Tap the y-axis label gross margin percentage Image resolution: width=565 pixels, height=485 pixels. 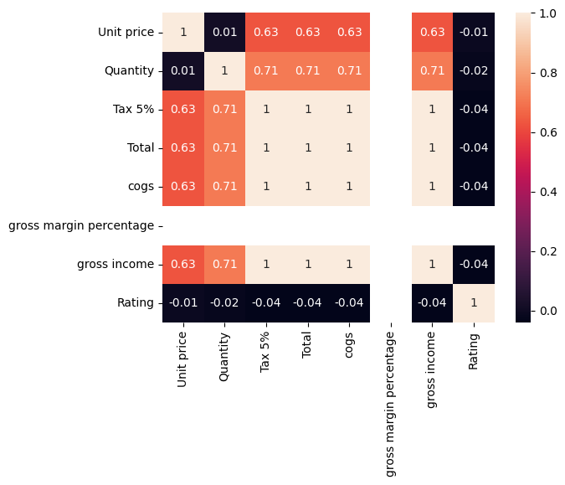tap(81, 225)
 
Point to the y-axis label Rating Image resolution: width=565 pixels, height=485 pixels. tap(136, 302)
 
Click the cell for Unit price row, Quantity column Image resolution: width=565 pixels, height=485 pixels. tap(224, 32)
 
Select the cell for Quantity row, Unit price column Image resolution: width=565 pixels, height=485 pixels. tap(182, 70)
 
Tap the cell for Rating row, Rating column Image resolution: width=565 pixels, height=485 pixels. tap(474, 302)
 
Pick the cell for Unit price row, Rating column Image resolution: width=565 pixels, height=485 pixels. tap(474, 32)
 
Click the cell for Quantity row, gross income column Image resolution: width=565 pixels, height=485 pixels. tap(432, 70)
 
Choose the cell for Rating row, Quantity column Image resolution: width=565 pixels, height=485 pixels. tap(224, 302)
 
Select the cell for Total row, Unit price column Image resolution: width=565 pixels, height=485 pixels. tap(182, 147)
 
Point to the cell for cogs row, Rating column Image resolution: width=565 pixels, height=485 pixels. tap(474, 186)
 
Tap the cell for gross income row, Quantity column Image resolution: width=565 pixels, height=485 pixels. tap(224, 264)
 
